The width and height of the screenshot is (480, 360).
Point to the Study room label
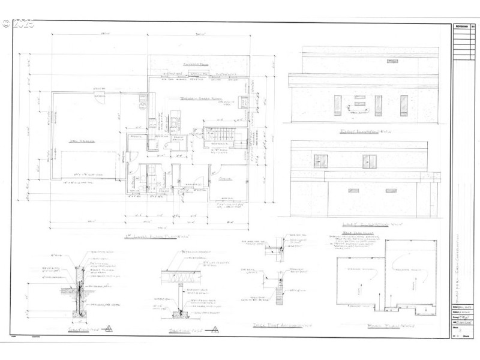[x=226, y=178]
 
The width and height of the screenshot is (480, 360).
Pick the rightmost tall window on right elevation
[x=403, y=105]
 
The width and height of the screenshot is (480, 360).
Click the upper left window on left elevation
[x=321, y=161]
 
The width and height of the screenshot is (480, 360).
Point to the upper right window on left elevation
[x=370, y=161]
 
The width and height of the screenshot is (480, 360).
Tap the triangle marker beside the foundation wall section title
[x=109, y=328]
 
